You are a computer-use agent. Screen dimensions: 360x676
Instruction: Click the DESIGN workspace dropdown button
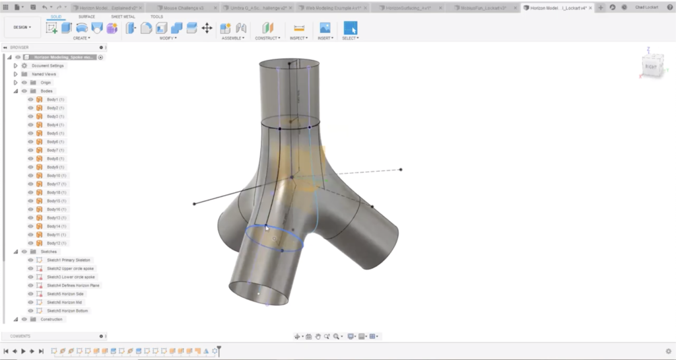22,27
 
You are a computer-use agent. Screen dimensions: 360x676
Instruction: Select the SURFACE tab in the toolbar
86,17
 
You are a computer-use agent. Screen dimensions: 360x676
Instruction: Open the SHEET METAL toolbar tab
123,17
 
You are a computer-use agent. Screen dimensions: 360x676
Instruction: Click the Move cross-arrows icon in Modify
207,28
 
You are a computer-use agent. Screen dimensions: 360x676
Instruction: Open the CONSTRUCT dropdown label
267,38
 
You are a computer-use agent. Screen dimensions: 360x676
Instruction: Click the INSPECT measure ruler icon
298,28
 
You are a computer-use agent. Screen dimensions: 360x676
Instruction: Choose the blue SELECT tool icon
350,28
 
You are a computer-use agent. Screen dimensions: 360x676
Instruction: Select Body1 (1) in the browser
55,99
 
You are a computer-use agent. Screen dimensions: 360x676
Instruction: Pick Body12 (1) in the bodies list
56,243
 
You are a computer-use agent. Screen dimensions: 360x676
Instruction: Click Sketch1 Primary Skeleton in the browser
69,260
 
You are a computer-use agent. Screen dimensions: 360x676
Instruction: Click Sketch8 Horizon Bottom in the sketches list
67,310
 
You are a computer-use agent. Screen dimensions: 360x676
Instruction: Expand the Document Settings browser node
16,65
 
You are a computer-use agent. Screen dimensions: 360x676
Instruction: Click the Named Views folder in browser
43,74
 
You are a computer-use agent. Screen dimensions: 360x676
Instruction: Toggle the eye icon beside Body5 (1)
30,133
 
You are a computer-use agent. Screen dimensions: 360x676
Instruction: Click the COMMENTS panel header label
20,336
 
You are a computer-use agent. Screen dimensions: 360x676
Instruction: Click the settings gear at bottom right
668,351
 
